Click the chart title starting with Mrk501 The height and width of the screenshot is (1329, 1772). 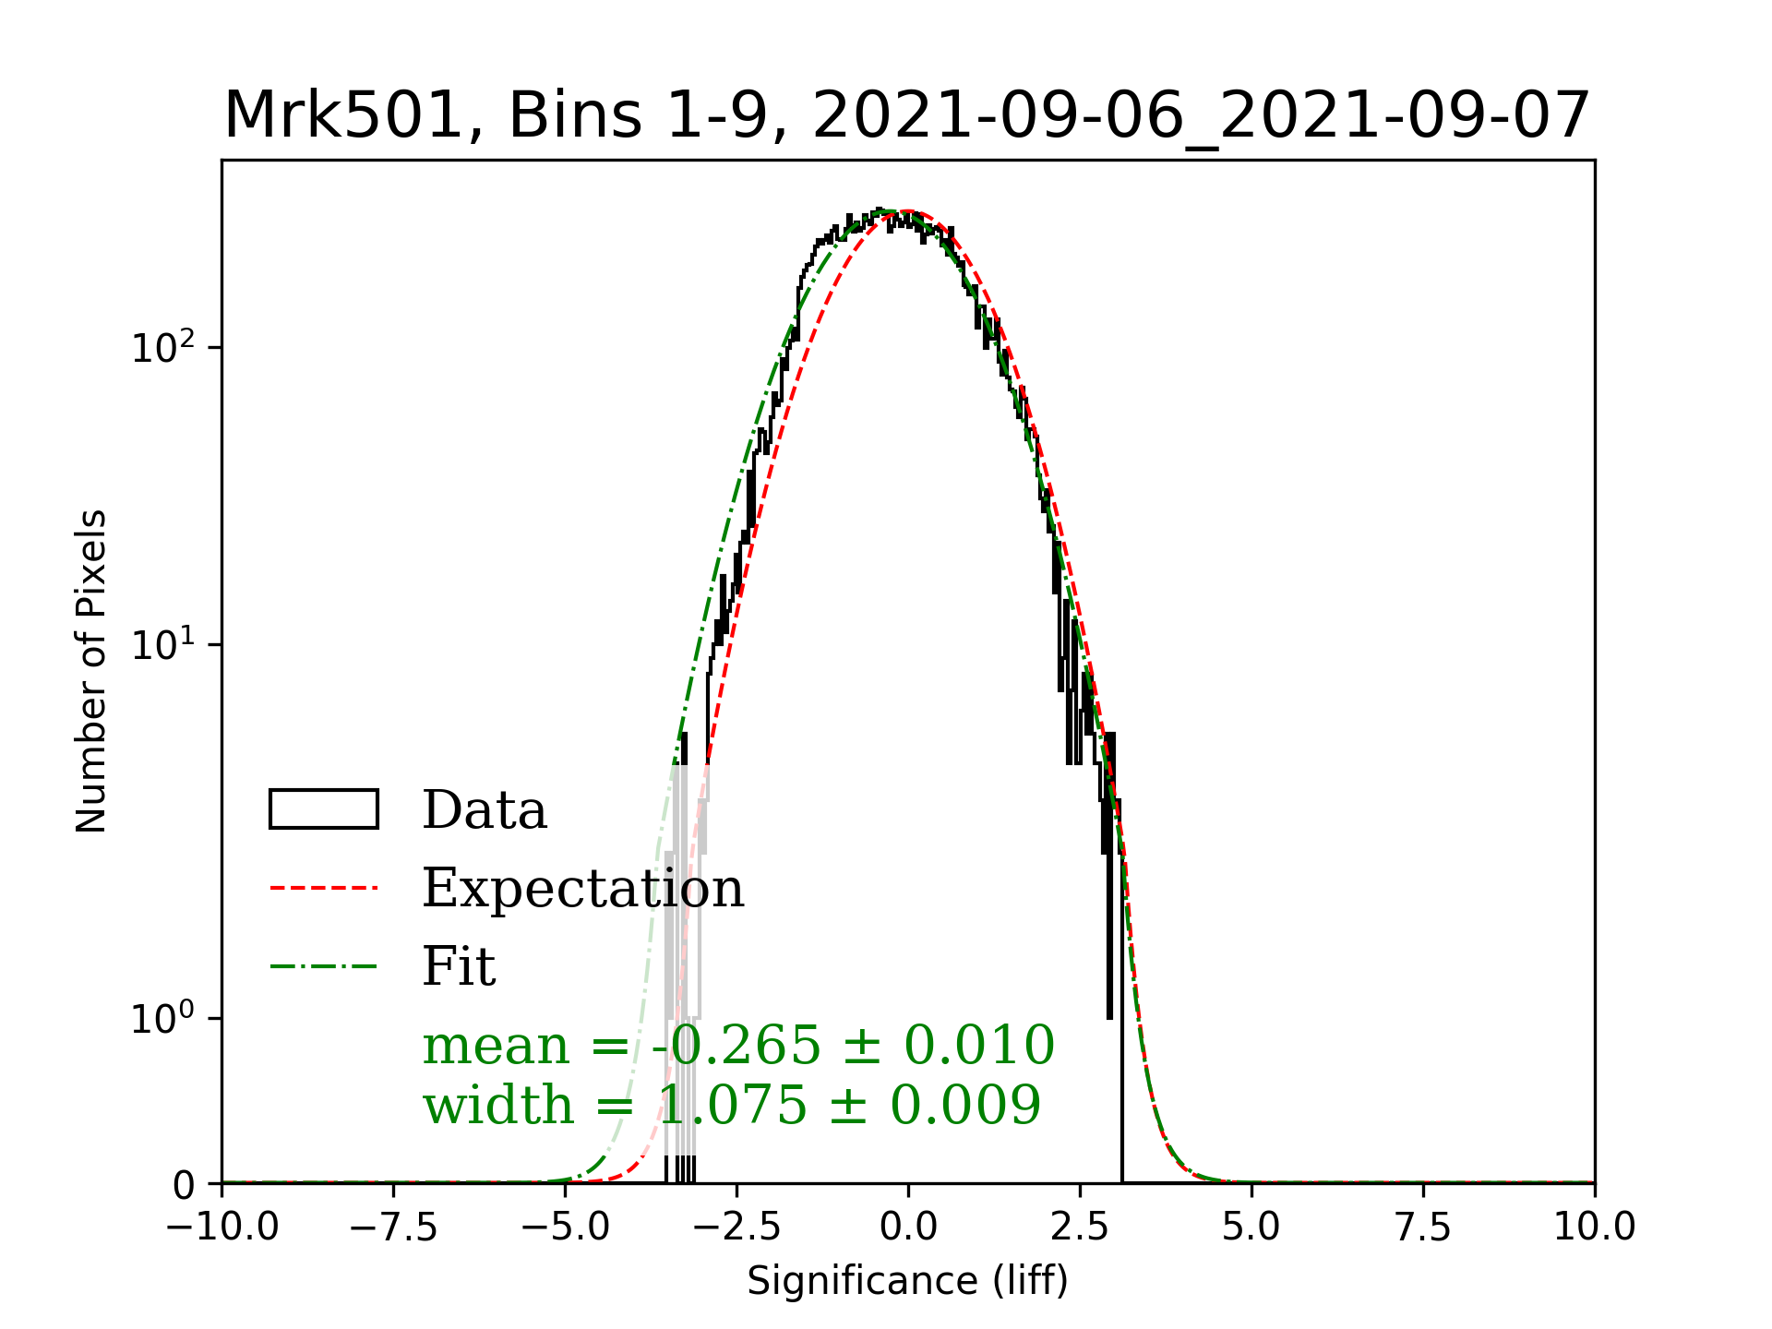coord(907,116)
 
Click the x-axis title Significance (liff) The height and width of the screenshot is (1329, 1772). coord(907,1281)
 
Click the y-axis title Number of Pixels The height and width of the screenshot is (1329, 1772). coord(91,671)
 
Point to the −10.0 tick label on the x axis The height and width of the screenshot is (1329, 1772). coord(222,1227)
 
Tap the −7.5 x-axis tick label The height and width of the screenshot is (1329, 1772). coord(394,1227)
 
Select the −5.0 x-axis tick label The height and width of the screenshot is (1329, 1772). coord(566,1227)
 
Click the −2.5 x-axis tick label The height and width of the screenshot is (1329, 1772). coord(737,1227)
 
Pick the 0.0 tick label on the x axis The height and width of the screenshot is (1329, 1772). coord(908,1227)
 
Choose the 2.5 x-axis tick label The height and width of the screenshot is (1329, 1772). coord(1080,1227)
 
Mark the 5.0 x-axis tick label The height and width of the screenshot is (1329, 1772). coord(1251,1227)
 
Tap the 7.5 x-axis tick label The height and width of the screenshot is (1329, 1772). coord(1423,1227)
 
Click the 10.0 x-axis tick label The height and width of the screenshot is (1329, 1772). coord(1595,1227)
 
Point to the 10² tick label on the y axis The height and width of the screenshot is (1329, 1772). coord(163,349)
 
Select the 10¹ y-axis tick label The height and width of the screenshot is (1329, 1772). coord(163,645)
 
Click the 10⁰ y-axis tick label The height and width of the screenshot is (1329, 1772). coord(163,1019)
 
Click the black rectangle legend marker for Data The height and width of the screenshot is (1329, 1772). coord(324,809)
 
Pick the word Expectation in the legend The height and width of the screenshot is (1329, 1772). coord(583,888)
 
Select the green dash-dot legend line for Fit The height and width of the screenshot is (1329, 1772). coord(324,967)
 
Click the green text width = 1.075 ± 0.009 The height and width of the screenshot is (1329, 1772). coord(732,1105)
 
